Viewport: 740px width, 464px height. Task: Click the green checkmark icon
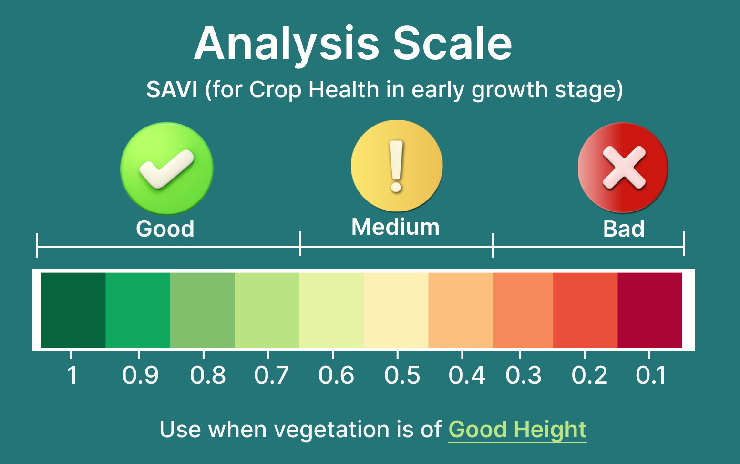[167, 169]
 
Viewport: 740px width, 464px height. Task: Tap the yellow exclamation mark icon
[396, 166]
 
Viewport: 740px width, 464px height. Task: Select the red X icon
[623, 168]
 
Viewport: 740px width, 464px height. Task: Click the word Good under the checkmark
[165, 229]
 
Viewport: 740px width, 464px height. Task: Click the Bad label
[624, 229]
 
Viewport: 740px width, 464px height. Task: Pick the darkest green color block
[73, 310]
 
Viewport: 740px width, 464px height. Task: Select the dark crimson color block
[650, 310]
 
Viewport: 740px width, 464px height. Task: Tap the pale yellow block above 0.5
[396, 310]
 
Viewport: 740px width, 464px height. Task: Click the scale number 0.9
[140, 375]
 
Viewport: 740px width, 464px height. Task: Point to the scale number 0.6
[336, 375]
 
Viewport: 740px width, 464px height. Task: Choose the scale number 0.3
[524, 375]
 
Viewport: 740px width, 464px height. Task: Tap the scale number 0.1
[651, 375]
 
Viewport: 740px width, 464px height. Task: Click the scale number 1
[72, 375]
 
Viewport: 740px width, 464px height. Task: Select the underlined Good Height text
[517, 430]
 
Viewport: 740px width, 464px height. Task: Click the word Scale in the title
[452, 43]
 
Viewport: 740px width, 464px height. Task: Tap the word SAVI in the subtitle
[172, 90]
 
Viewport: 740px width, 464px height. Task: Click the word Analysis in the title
[287, 46]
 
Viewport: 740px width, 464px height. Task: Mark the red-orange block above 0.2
[586, 310]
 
